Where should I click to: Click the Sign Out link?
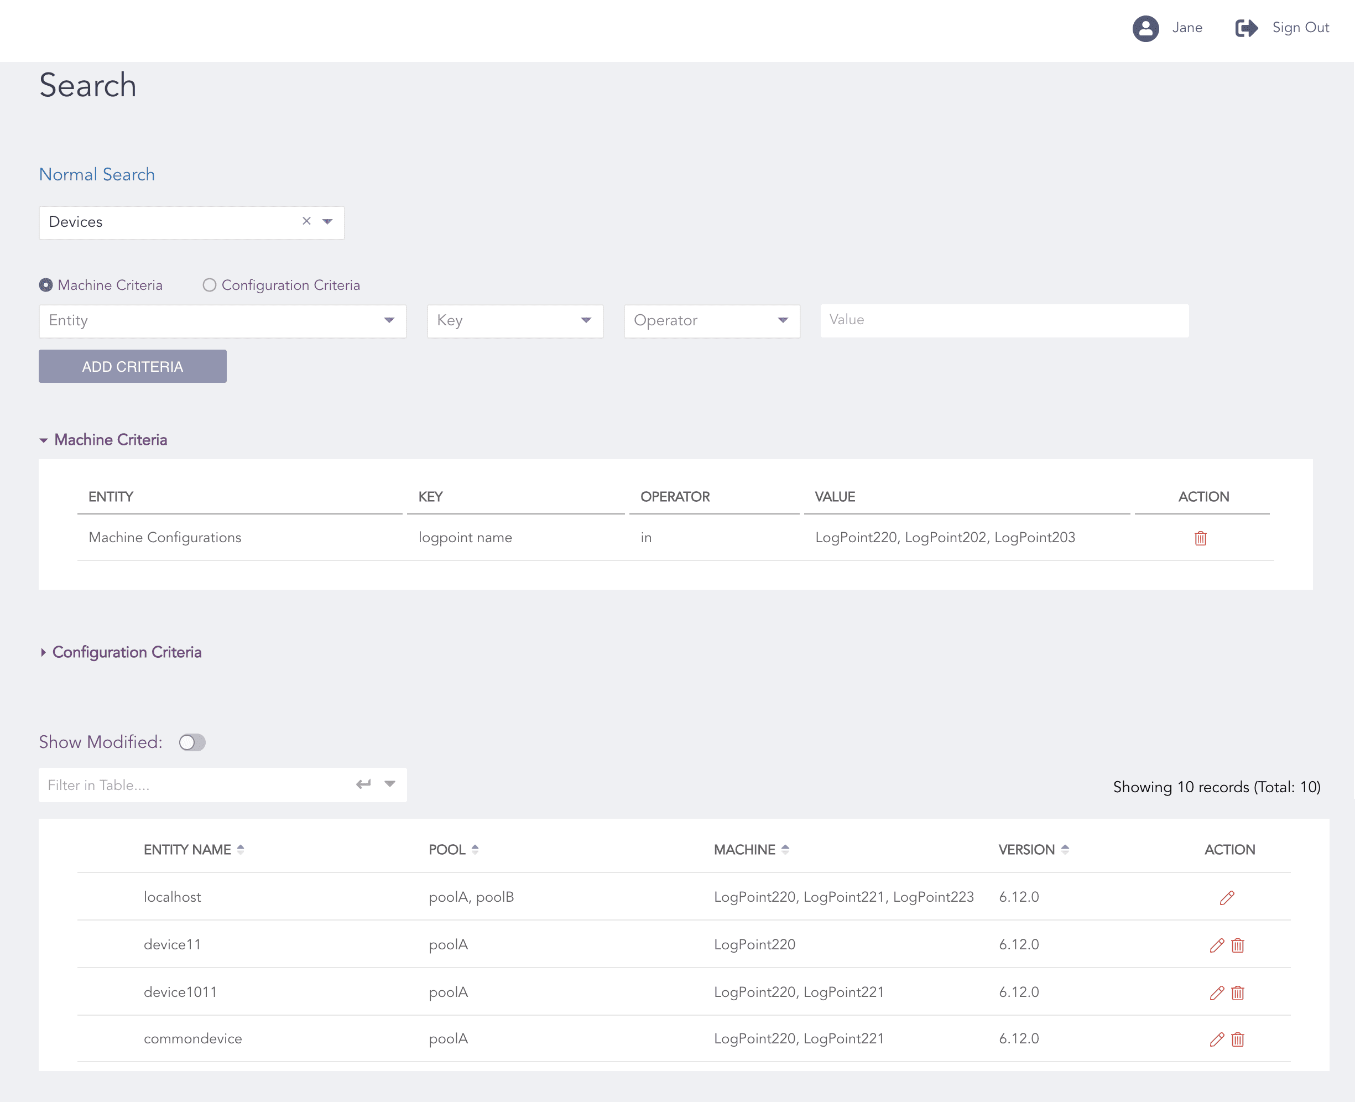[1299, 28]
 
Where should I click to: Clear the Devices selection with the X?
[306, 221]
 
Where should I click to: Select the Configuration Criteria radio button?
[210, 285]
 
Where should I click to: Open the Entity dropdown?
[222, 320]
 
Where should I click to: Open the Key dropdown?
[515, 320]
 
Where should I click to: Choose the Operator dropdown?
[711, 320]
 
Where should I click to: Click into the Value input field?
[1004, 320]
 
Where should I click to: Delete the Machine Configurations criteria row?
[1200, 538]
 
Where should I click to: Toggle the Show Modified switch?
[192, 742]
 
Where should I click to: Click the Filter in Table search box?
[197, 785]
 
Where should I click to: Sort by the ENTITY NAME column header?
[187, 849]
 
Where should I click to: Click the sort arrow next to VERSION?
[1065, 849]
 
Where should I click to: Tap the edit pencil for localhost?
[1227, 898]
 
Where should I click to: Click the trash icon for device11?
[1238, 945]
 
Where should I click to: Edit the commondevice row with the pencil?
[1217, 1039]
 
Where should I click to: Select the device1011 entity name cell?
[180, 992]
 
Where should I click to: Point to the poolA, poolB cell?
[471, 897]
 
